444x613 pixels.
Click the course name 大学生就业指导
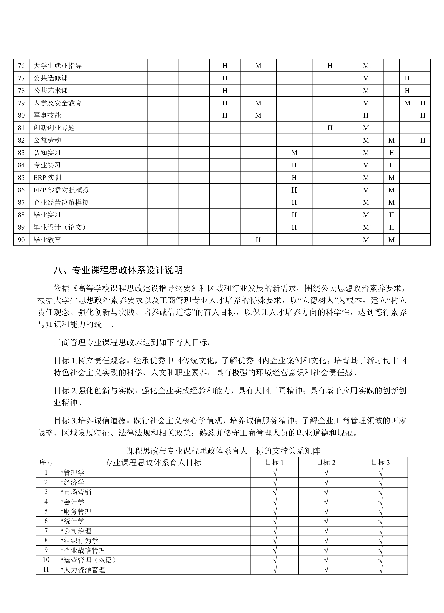57,66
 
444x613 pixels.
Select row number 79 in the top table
21,103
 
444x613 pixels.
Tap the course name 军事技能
47,115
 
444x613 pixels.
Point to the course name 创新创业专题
54,128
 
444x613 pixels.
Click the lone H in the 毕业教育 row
258,240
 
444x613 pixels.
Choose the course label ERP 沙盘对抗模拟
61,190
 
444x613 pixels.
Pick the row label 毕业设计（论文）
60,227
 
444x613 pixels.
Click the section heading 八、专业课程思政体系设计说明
118,270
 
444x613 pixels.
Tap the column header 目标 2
326,463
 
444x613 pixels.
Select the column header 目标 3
380,463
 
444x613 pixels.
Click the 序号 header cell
46,463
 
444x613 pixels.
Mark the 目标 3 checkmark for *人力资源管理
380,570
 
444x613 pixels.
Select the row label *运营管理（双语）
88,560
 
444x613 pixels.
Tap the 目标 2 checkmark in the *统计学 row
326,521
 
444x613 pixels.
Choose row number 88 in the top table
21,215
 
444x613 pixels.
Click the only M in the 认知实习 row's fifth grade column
294,153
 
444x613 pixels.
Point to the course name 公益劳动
47,140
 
